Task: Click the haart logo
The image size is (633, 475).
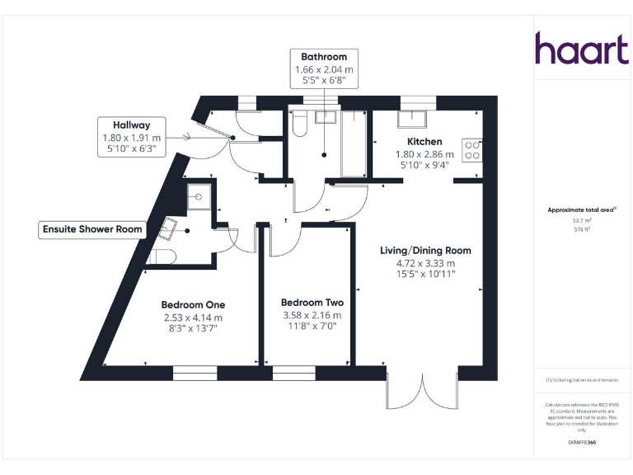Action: [581, 49]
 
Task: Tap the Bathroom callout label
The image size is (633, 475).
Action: [324, 68]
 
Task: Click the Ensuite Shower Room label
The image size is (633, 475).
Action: [92, 229]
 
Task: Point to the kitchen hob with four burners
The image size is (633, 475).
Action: [473, 149]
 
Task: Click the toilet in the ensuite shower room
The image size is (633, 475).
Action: [161, 256]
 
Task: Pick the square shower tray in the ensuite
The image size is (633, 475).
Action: [199, 197]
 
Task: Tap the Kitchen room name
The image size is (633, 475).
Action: [424, 142]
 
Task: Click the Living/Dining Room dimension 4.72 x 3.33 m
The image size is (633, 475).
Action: [424, 262]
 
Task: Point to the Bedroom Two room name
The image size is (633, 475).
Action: [312, 303]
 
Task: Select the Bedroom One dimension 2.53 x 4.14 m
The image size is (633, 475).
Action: [192, 317]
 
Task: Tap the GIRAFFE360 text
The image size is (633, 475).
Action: [582, 443]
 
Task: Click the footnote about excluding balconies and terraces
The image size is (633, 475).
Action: [582, 379]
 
